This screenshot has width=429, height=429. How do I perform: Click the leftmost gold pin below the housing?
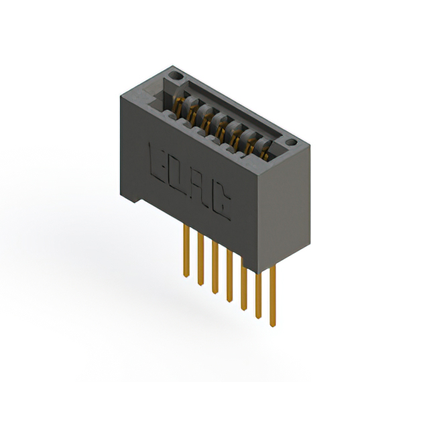(x=186, y=251)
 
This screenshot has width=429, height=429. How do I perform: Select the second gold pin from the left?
(x=200, y=259)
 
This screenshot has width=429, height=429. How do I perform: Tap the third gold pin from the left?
(x=215, y=268)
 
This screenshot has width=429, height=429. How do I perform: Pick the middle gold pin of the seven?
(x=229, y=276)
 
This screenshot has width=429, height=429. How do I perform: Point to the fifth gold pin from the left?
(x=244, y=284)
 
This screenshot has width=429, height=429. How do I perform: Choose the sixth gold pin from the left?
(x=258, y=295)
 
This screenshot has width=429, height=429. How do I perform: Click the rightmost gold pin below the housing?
(x=273, y=296)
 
